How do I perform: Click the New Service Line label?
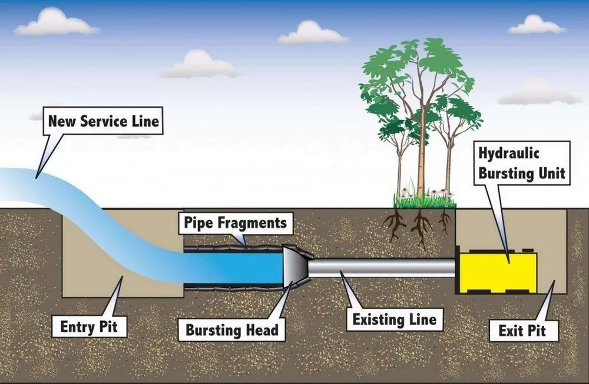pyautogui.click(x=104, y=122)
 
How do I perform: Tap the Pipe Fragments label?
pyautogui.click(x=235, y=223)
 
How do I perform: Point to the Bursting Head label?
pyautogui.click(x=232, y=330)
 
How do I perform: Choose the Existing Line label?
pyautogui.click(x=394, y=320)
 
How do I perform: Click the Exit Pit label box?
pyautogui.click(x=522, y=330)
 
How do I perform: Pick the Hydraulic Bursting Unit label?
pyautogui.click(x=522, y=163)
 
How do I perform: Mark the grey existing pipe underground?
pyautogui.click(x=383, y=268)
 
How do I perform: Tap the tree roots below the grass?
pyautogui.click(x=419, y=226)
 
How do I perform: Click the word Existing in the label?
pyautogui.click(x=378, y=320)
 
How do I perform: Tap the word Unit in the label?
pyautogui.click(x=553, y=173)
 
